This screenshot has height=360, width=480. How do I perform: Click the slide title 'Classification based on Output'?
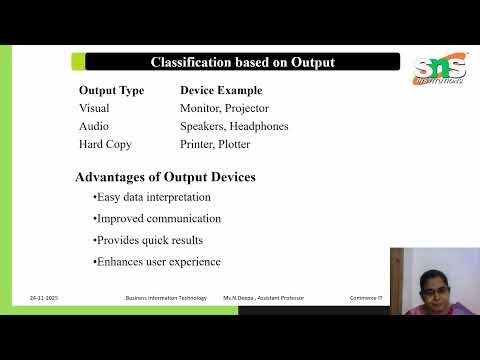(x=242, y=62)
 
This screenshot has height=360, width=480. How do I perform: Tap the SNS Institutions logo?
(x=439, y=70)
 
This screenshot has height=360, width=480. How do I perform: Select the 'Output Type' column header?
(x=112, y=90)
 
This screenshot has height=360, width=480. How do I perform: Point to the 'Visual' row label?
(x=94, y=108)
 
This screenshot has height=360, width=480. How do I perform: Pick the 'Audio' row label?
(x=94, y=126)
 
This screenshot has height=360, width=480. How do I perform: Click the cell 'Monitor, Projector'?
(x=224, y=108)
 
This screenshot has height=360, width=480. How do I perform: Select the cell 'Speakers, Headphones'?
(x=233, y=126)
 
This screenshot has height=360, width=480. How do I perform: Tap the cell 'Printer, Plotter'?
(x=215, y=144)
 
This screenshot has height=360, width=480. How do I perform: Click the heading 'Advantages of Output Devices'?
(x=165, y=177)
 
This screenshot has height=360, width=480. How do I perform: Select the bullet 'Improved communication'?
(x=157, y=218)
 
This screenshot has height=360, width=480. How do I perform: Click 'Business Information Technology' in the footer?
(x=165, y=298)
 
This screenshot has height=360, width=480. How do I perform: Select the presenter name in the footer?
(x=263, y=298)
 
